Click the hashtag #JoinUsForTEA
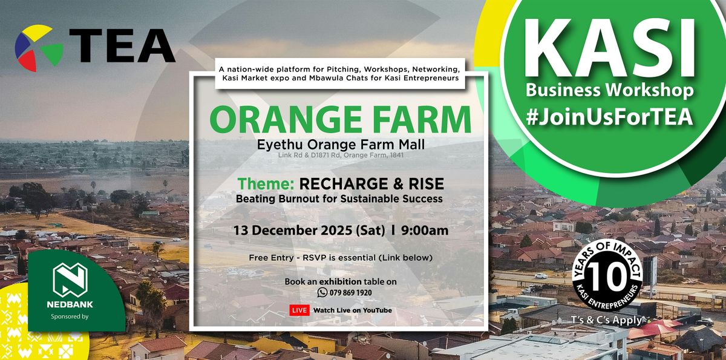609,117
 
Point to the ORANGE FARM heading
340,120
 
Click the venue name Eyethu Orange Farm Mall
340,145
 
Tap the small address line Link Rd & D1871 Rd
340,156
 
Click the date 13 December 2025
292,231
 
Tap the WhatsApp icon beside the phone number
322,292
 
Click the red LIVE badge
299,310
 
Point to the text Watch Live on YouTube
352,310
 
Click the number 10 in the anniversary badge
607,277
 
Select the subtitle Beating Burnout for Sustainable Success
340,198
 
